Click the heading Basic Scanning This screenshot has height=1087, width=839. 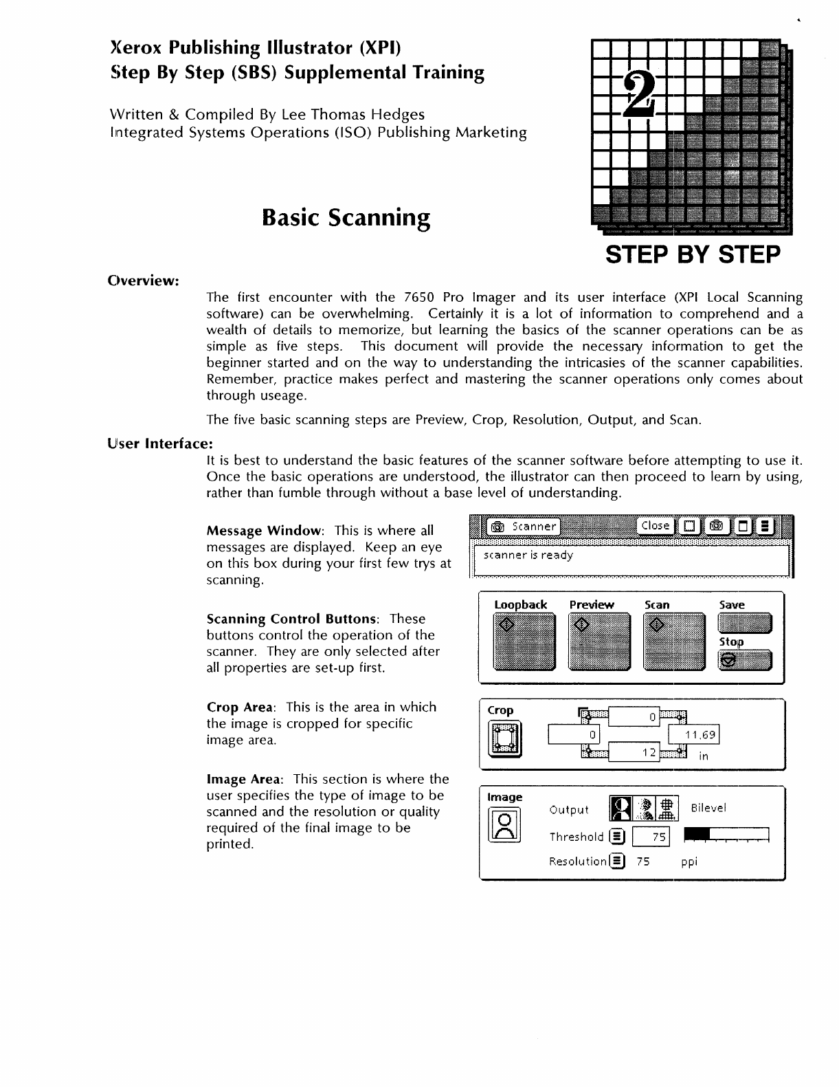point(346,217)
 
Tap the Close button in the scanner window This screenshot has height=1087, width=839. point(655,526)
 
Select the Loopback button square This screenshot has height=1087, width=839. point(524,642)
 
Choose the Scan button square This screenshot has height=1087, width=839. point(673,642)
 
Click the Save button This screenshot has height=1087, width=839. point(744,624)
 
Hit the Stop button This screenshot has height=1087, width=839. point(744,661)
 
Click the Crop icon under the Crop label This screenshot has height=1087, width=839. point(504,738)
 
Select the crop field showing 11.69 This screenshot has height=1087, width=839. point(694,735)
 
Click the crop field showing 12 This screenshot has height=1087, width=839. point(634,753)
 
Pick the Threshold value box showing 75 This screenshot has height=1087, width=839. point(650,837)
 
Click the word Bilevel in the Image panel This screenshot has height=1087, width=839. point(708,808)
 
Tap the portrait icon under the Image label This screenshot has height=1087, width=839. point(504,825)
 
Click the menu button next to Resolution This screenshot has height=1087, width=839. point(618,861)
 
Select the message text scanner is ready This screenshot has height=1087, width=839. point(528,556)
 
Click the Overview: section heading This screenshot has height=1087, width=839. point(144,281)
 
